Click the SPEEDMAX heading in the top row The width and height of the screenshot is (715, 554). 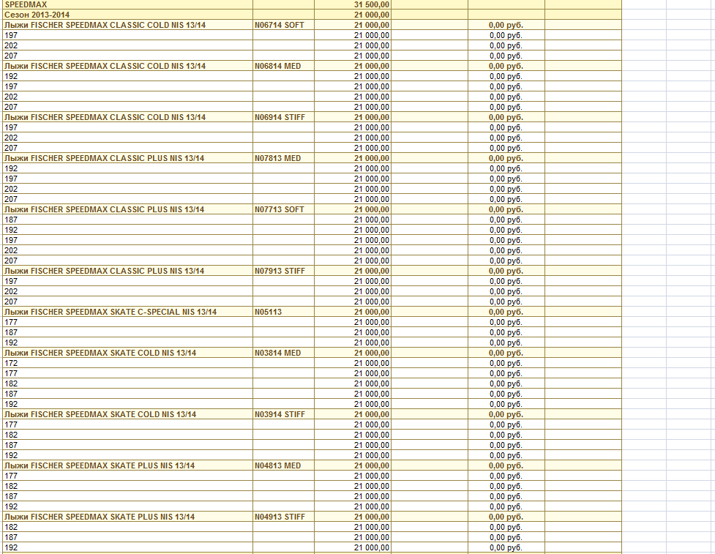(x=26, y=4)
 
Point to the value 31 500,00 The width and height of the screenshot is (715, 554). (x=372, y=4)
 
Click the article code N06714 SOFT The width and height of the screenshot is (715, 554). (x=280, y=25)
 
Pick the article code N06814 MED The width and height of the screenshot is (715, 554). (x=278, y=66)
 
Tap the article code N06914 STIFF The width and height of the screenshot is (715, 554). (x=280, y=117)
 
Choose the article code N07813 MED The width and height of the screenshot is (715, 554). (x=278, y=158)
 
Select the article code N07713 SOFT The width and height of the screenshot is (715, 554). (x=280, y=209)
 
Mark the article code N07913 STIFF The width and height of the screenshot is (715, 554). (x=280, y=271)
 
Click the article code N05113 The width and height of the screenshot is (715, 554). (x=268, y=312)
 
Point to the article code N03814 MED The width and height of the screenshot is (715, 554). (x=278, y=353)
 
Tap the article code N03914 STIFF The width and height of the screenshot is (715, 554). (x=280, y=414)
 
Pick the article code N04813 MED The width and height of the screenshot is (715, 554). (x=278, y=465)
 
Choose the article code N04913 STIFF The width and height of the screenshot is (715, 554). (x=280, y=517)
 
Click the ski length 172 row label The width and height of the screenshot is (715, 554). (x=11, y=363)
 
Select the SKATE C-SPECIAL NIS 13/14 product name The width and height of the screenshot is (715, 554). (x=111, y=312)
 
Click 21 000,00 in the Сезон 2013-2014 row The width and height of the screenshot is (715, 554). (x=372, y=15)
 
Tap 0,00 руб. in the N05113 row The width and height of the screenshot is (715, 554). (x=506, y=312)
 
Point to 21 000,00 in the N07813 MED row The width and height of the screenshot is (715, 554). (x=372, y=158)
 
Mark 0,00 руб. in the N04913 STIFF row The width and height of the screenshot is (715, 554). (x=506, y=517)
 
